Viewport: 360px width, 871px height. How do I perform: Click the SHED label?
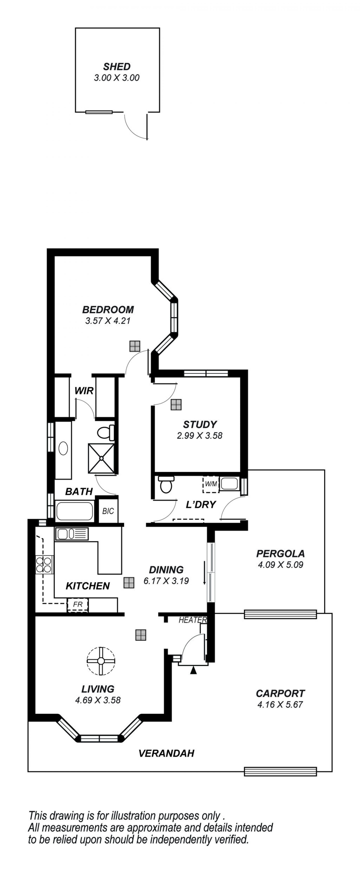pos(117,67)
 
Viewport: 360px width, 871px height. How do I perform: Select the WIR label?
pos(84,391)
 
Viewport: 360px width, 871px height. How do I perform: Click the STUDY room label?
pos(200,424)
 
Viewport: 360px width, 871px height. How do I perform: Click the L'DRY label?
pos(201,505)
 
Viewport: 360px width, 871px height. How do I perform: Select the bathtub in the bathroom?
pos(74,511)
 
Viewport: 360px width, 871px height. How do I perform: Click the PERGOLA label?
pos(280,553)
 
